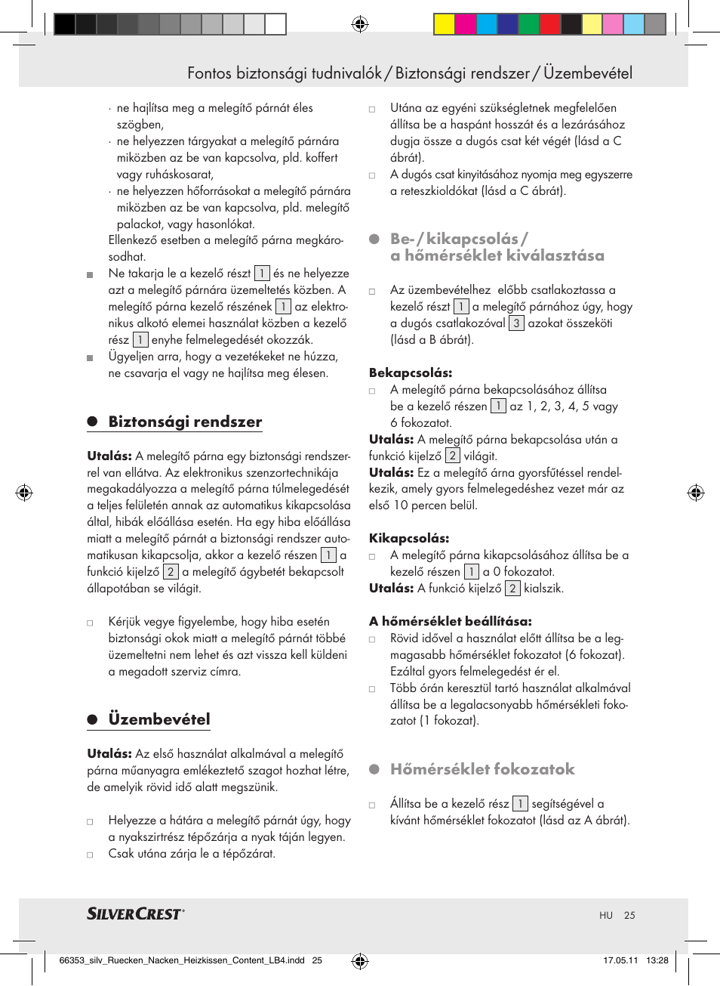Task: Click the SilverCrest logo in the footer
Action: coord(135,913)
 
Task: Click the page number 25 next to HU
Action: coord(629,915)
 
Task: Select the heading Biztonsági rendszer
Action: coord(185,422)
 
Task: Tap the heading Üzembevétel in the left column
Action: coord(159,719)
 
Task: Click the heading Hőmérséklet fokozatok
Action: coord(482,769)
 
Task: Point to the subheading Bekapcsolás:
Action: coord(411,372)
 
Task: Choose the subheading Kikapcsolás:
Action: coord(409,538)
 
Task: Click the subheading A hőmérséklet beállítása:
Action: coord(451,621)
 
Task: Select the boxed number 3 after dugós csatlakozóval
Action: coord(516,323)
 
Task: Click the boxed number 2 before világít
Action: coord(452,456)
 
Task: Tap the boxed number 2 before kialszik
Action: coord(512,589)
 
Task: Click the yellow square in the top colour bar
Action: coord(444,25)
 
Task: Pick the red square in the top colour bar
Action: coord(549,25)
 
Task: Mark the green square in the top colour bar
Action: coord(528,25)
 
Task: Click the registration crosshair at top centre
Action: coord(360,25)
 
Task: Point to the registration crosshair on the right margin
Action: coord(695,493)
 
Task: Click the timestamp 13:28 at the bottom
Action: coord(657,960)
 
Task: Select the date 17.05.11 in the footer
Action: coord(620,960)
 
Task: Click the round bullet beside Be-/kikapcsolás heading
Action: coord(374,239)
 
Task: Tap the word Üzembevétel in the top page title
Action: coord(588,73)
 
